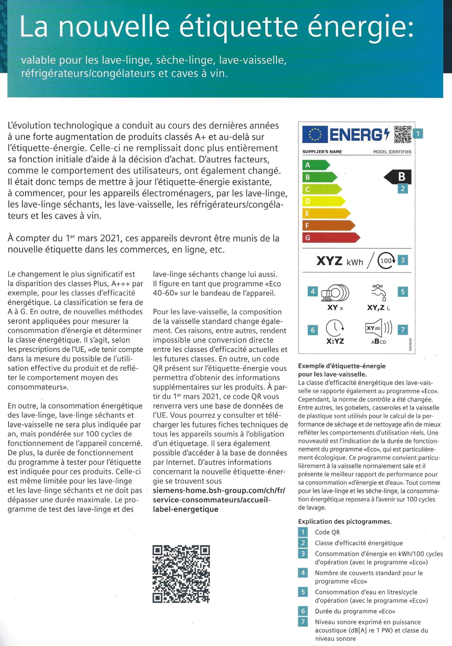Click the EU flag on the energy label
point(315,134)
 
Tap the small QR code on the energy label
point(403,134)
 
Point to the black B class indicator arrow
point(398,177)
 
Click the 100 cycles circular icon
point(386,261)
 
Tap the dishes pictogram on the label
point(335,293)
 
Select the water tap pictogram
point(378,292)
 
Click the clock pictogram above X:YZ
point(335,328)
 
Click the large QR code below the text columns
point(181,574)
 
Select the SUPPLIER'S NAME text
point(322,152)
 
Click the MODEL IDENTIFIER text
point(392,152)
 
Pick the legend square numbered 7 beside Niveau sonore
point(303,622)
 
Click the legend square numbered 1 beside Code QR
point(303,532)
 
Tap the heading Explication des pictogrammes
point(345,521)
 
